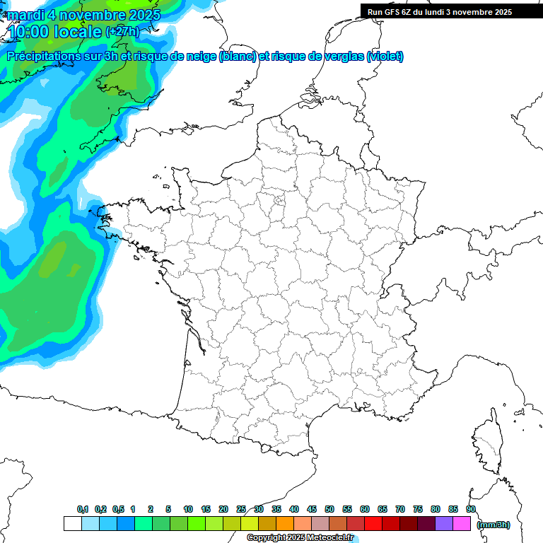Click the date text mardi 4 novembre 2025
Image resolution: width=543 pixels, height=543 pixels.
83,15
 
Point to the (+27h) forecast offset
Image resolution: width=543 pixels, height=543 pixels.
122,32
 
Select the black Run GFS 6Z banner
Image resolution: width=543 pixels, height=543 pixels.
439,11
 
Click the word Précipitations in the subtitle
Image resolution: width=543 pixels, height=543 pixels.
47,57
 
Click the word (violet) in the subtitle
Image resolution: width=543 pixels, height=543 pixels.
385,57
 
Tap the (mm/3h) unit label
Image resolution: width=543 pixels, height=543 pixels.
494,525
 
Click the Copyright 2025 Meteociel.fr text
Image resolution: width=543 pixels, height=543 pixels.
300,538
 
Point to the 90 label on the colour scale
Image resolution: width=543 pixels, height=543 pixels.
471,509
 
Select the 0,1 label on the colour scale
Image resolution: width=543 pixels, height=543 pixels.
83,509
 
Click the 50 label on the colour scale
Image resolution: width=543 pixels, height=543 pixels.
329,509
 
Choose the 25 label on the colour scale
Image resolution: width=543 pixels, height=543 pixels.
241,509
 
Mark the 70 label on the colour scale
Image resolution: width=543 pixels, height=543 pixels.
400,509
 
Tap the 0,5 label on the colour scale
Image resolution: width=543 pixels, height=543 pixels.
118,509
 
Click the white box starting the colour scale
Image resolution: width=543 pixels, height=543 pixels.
72,523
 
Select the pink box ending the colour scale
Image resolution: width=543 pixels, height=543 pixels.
462,523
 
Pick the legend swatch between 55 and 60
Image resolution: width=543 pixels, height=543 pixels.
356,523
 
